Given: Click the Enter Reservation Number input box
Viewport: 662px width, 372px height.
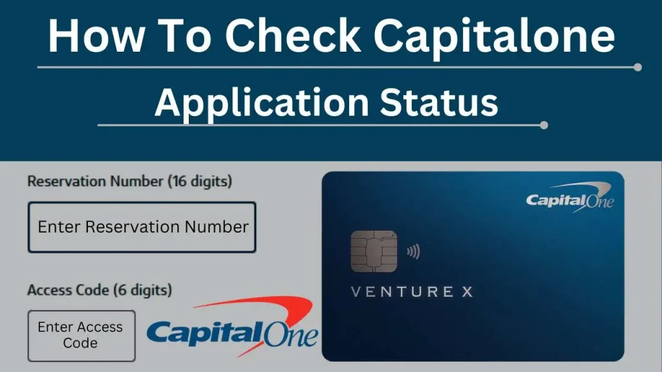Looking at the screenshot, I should (142, 227).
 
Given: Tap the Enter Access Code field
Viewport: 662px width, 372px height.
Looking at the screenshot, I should (81, 335).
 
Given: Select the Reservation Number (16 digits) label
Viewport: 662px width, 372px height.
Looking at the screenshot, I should (129, 181).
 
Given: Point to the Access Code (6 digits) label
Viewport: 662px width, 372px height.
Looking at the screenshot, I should (100, 291).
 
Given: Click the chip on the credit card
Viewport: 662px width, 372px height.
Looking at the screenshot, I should (374, 251).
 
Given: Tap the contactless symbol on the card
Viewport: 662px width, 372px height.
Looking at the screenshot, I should (412, 251).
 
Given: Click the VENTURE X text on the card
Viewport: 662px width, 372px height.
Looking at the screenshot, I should (411, 292).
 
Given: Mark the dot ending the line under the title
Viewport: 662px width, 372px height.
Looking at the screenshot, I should (638, 67).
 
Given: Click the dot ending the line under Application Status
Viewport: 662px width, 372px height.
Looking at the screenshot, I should (544, 125).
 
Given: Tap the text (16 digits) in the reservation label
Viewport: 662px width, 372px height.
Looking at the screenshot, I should (199, 181).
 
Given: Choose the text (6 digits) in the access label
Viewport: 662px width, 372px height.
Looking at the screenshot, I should (143, 291).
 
